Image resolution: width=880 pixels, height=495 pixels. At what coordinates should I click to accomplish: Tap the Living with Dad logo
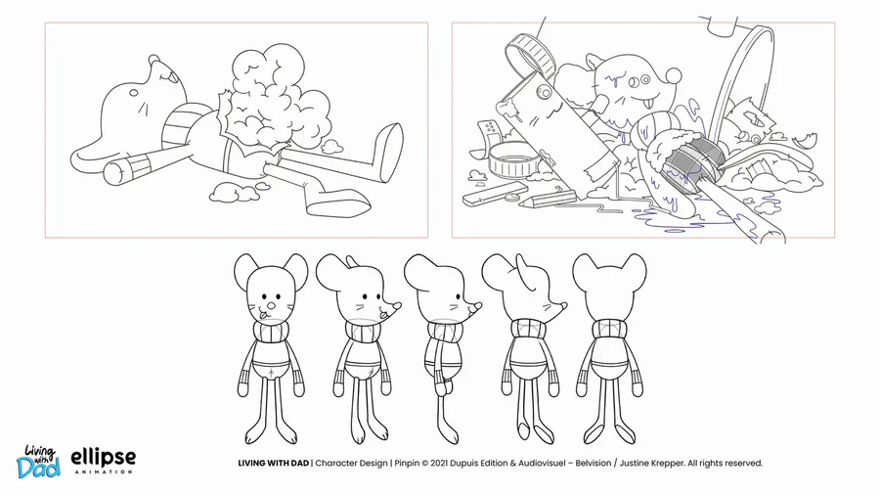point(38,462)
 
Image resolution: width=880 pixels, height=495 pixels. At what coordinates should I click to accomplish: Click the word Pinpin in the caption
point(407,463)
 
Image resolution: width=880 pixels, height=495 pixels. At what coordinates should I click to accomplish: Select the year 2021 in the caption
point(441,463)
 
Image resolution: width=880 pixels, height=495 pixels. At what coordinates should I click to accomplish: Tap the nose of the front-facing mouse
point(271,306)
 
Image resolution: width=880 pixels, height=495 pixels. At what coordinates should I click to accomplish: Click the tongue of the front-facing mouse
point(262,317)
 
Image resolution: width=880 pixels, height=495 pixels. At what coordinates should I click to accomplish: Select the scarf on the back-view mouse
point(609,329)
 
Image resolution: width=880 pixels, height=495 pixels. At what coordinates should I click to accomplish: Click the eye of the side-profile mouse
point(454,306)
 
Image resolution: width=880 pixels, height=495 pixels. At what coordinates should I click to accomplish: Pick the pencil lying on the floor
point(546,199)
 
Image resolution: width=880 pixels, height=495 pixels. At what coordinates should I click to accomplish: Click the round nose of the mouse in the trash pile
point(674,75)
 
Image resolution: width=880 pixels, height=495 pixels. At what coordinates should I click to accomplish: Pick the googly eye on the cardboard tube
point(540,90)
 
